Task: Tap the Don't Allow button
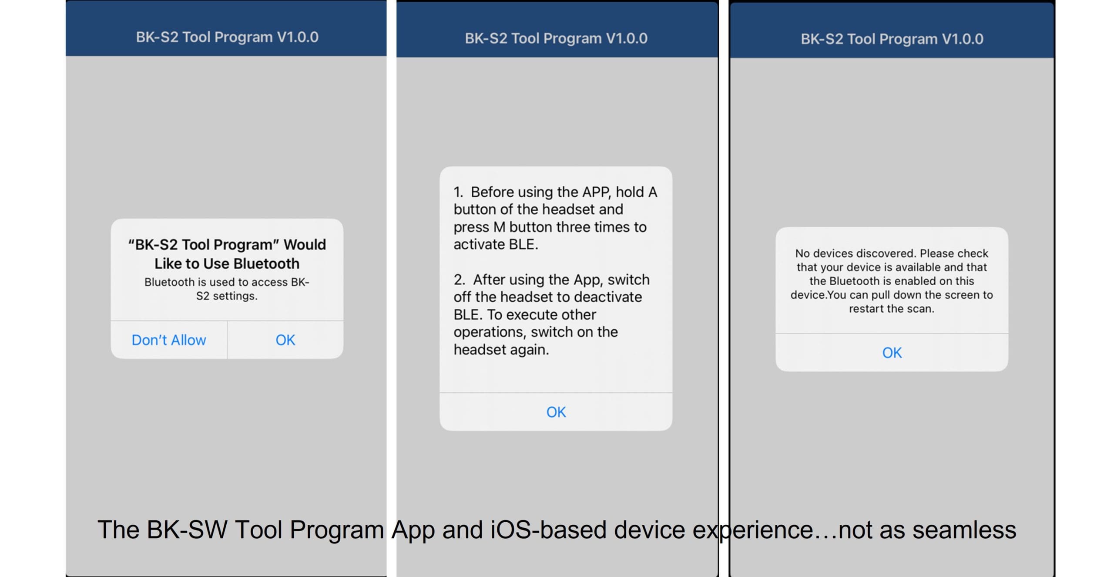coord(169,340)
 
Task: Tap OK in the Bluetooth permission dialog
coord(285,340)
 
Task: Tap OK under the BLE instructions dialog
coord(556,412)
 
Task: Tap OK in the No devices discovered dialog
coord(892,352)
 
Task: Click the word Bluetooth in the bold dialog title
coord(266,263)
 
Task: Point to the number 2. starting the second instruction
coord(460,280)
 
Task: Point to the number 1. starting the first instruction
coord(458,192)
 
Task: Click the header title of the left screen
coord(227,37)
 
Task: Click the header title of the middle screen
coord(556,38)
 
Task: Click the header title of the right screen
coord(892,39)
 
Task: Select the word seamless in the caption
coord(964,530)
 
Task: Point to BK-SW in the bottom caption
coord(187,530)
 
